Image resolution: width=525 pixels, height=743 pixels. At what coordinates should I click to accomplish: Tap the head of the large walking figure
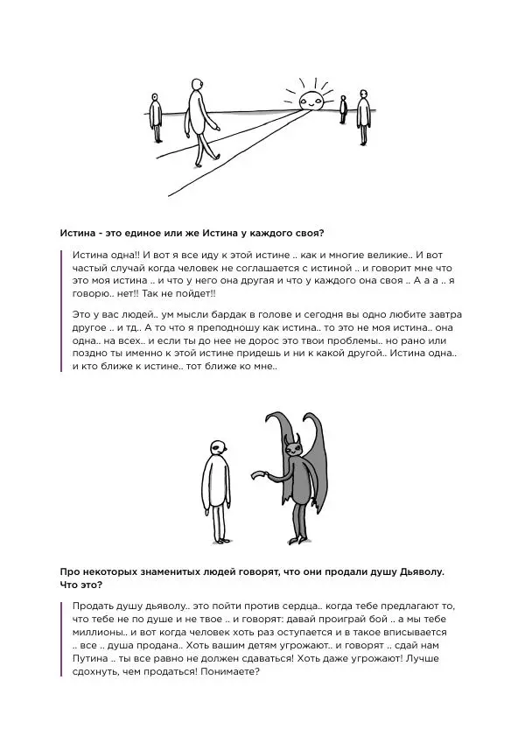pyautogui.click(x=196, y=87)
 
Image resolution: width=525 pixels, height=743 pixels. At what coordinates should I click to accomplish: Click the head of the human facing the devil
pyautogui.click(x=217, y=448)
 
